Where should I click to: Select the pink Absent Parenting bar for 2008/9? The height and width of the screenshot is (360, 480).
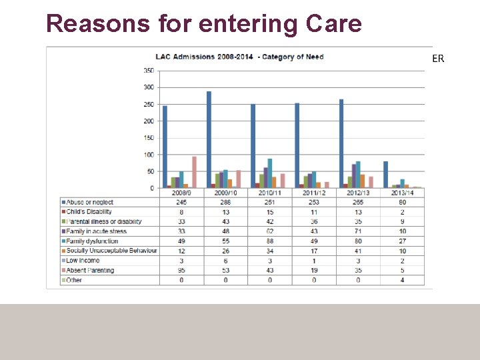click(194, 172)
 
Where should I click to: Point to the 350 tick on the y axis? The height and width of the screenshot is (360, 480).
click(149, 71)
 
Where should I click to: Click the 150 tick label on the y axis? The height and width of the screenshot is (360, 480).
click(149, 138)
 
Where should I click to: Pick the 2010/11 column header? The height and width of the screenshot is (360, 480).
click(270, 193)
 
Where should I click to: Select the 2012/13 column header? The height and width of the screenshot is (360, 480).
click(359, 193)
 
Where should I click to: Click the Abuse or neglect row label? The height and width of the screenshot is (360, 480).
click(89, 202)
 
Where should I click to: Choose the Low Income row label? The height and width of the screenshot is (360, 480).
click(83, 261)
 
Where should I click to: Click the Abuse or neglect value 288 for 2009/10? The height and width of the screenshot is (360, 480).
click(226, 202)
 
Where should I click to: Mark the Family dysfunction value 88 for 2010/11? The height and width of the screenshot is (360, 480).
click(270, 241)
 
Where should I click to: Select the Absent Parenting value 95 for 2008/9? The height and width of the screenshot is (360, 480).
click(181, 271)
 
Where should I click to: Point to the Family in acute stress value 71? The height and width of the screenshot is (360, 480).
click(359, 231)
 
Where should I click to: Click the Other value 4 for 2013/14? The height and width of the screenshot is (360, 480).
click(403, 280)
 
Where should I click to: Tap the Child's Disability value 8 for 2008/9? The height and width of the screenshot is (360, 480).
click(181, 212)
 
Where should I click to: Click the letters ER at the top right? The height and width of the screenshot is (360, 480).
click(438, 59)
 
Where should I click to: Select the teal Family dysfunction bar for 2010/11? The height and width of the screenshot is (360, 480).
click(270, 173)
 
